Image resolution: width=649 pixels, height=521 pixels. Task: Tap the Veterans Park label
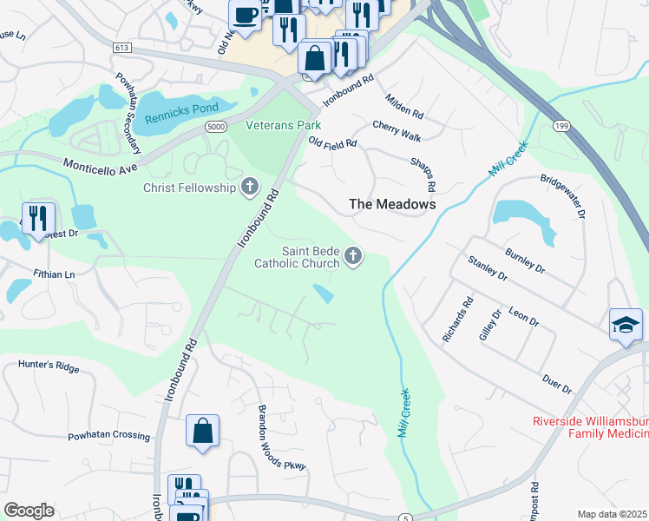pyautogui.click(x=284, y=125)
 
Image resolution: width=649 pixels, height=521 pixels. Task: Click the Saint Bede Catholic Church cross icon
pyautogui.click(x=353, y=256)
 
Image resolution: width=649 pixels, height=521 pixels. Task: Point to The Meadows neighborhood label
pyautogui.click(x=391, y=204)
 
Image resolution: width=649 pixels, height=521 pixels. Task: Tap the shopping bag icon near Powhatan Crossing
pyautogui.click(x=202, y=431)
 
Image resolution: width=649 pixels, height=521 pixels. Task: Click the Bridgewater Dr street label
pyautogui.click(x=564, y=197)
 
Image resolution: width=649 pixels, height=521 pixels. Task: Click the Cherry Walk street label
pyautogui.click(x=397, y=131)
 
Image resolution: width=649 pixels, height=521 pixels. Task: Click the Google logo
pyautogui.click(x=29, y=511)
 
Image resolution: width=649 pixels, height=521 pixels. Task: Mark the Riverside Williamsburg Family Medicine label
pyautogui.click(x=590, y=428)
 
